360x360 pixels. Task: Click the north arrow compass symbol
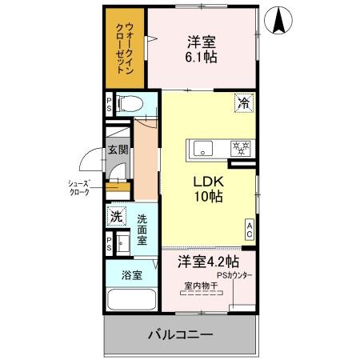pyautogui.click(x=280, y=20)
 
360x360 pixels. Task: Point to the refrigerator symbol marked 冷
pyautogui.click(x=242, y=102)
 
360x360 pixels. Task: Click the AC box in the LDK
pyautogui.click(x=249, y=230)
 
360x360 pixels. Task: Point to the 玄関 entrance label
pyautogui.click(x=117, y=150)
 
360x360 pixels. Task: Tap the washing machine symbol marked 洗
pyautogui.click(x=116, y=216)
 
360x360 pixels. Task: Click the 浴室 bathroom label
pyautogui.click(x=132, y=274)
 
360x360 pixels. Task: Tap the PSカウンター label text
pyautogui.click(x=234, y=276)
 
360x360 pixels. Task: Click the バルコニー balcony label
pyautogui.click(x=179, y=335)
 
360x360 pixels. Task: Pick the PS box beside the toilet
pyautogui.click(x=109, y=103)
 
